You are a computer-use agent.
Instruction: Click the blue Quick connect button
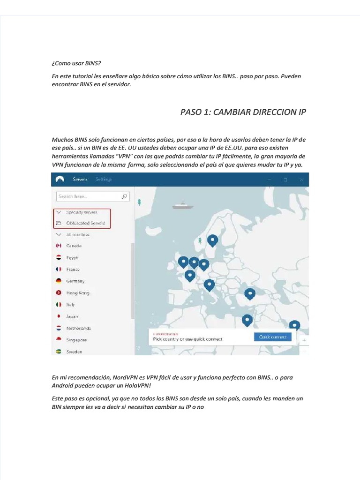click(272, 337)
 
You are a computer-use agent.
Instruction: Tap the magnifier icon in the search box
click(124, 197)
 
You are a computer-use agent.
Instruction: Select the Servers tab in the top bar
click(80, 179)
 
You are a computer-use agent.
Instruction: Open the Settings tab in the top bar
click(104, 179)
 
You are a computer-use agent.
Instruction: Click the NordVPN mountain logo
click(60, 179)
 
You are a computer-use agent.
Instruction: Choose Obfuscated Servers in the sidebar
click(85, 223)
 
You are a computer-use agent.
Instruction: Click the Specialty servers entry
click(82, 212)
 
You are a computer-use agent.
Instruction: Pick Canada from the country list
click(74, 246)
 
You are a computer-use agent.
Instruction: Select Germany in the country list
click(75, 281)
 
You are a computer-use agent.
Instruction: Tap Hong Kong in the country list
click(77, 293)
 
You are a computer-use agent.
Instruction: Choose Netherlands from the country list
click(78, 328)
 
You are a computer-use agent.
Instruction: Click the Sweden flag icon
click(59, 352)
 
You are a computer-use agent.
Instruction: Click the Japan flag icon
click(59, 316)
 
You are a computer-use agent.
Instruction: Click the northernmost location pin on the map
click(213, 240)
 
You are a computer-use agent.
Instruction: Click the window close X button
click(302, 180)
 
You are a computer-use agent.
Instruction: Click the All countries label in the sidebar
click(78, 234)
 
